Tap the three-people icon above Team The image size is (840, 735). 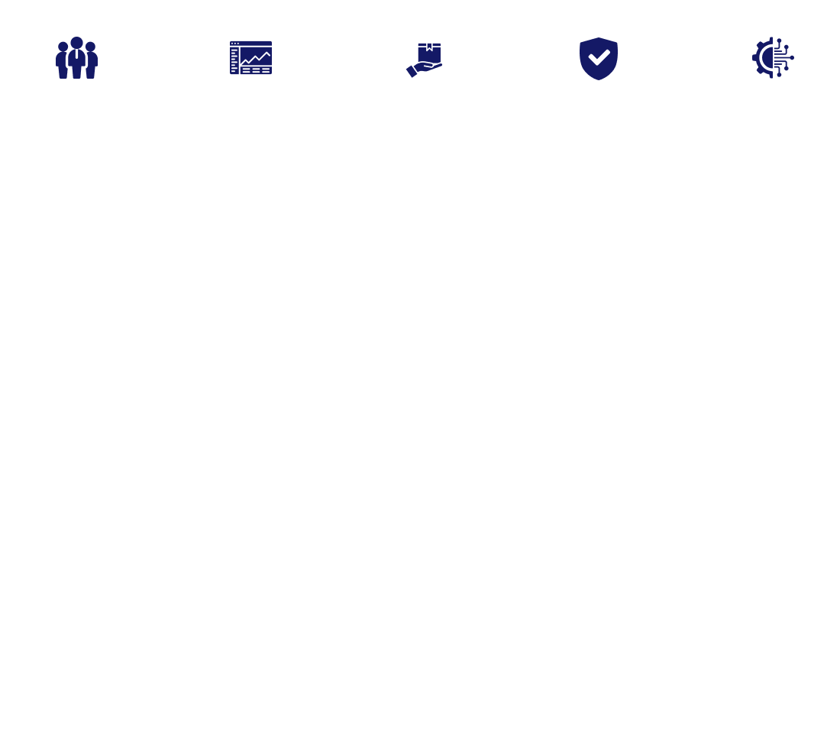click(x=76, y=59)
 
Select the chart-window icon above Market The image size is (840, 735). click(x=250, y=59)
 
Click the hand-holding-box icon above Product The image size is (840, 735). click(x=424, y=59)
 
